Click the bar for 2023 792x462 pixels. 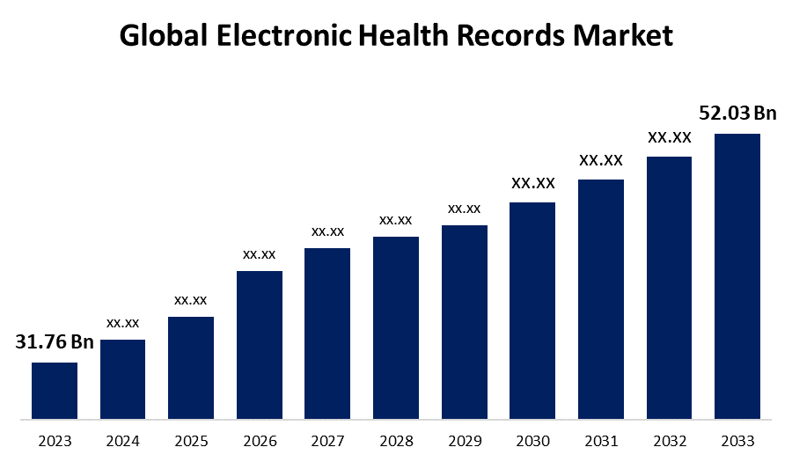(x=55, y=390)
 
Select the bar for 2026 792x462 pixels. (x=260, y=344)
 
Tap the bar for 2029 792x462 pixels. (x=464, y=321)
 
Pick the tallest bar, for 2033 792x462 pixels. (x=737, y=275)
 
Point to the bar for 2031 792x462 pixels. (x=600, y=298)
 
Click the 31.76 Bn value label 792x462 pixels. (x=55, y=342)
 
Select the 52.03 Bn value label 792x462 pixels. (x=737, y=114)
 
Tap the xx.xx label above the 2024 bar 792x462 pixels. (x=123, y=323)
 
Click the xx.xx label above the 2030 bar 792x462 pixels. (x=532, y=183)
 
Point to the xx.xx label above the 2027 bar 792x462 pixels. (x=327, y=231)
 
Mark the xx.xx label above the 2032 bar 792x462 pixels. (x=669, y=137)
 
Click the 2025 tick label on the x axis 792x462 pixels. (x=191, y=441)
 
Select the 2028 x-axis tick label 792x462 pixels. (x=396, y=441)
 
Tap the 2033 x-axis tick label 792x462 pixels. (x=737, y=441)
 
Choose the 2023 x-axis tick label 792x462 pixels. (x=55, y=441)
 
